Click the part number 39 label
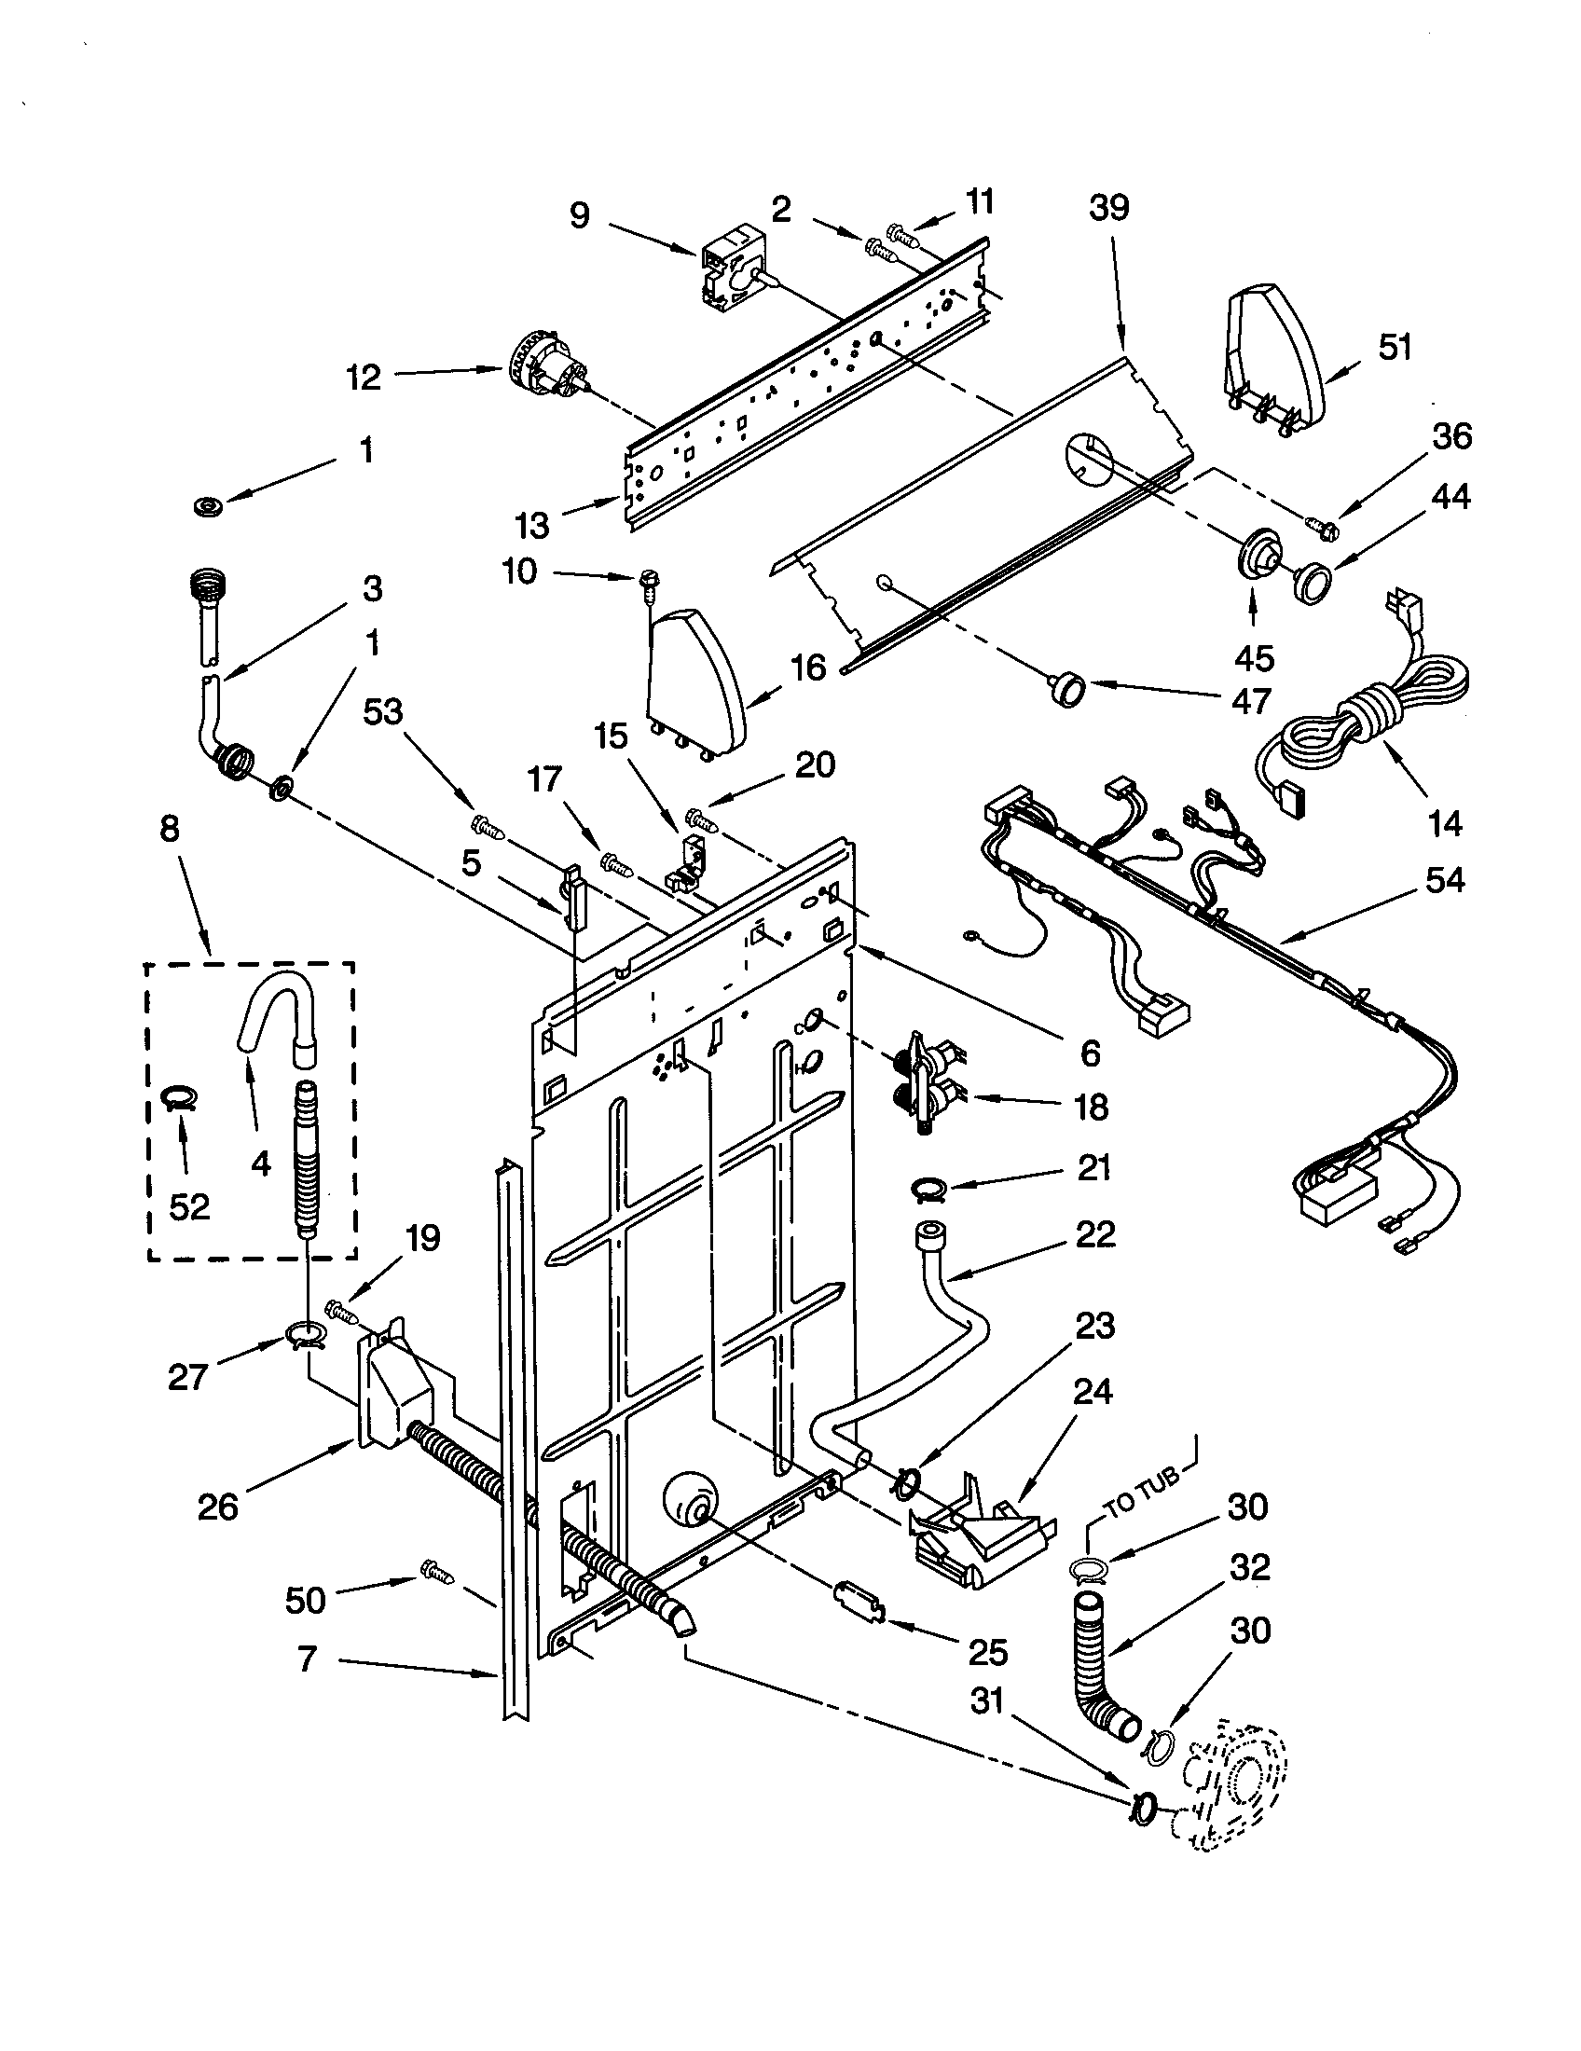click(x=1108, y=209)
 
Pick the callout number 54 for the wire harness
click(x=1444, y=880)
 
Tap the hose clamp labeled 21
click(x=927, y=1191)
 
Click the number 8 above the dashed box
click(x=170, y=829)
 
